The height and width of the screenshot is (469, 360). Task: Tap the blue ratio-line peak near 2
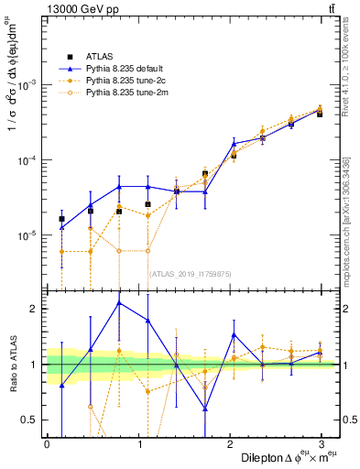tap(118, 302)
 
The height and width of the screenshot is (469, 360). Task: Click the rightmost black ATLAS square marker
tap(320, 115)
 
